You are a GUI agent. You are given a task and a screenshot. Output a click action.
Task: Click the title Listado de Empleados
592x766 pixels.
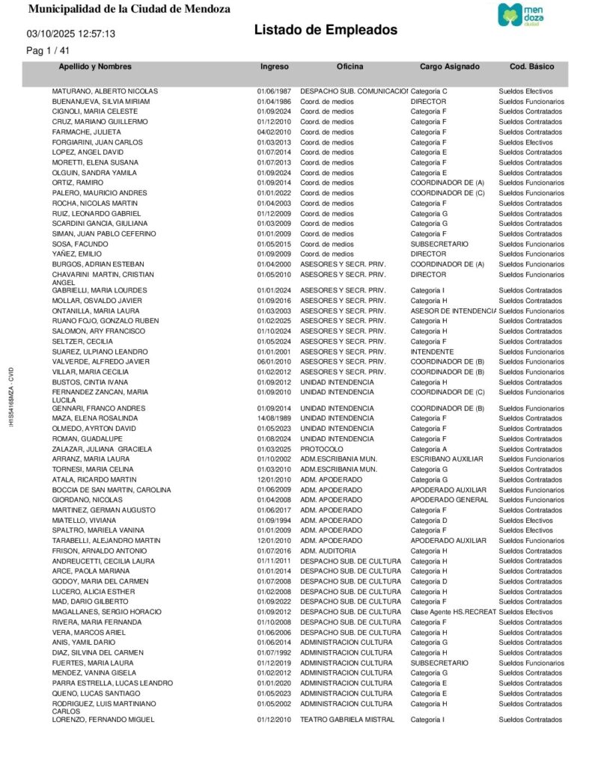[x=326, y=30]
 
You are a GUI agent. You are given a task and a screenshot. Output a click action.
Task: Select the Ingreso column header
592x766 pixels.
[x=274, y=67]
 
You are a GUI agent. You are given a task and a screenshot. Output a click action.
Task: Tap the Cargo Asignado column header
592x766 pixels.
[x=449, y=67]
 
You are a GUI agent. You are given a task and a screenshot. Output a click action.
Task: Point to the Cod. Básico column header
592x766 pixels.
[x=531, y=67]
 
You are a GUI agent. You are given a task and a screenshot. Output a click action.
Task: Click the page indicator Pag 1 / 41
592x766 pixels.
[x=48, y=51]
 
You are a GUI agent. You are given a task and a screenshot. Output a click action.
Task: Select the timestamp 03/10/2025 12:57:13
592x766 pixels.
[x=71, y=34]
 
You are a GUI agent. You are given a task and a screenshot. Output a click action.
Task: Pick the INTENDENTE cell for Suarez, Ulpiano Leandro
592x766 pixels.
[x=432, y=352]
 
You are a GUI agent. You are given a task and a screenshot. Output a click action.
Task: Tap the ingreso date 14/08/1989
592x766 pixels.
[x=274, y=418]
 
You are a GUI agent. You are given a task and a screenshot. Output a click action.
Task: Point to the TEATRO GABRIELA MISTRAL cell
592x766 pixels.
[x=346, y=720]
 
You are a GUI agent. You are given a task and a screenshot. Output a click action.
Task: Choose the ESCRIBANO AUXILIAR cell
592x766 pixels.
[x=447, y=459]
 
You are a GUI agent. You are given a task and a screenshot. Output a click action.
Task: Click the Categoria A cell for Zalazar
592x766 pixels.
[x=429, y=449]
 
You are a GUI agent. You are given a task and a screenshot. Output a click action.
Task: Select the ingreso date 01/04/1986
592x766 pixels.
[x=274, y=101]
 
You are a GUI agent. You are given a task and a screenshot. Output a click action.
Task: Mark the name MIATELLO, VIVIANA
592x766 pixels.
[x=85, y=520]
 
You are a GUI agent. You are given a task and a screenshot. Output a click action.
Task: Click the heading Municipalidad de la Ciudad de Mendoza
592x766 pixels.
[x=129, y=9]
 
